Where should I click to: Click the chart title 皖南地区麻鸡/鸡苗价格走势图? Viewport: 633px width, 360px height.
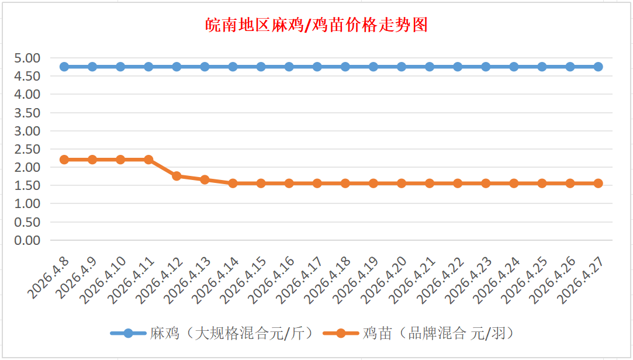pos(316,25)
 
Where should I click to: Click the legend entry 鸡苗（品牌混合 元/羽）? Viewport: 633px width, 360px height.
pos(438,333)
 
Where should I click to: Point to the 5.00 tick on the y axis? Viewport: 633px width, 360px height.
pos(27,58)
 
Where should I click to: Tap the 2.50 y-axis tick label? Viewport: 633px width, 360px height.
pos(27,149)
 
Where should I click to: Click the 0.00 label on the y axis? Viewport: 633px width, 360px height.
pos(27,240)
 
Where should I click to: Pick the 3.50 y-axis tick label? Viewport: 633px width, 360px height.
pos(27,112)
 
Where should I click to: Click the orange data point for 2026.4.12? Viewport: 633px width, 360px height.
pos(177,176)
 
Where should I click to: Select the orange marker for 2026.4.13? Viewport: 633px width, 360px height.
pos(205,179)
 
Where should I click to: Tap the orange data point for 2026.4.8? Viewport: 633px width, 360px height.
pos(64,160)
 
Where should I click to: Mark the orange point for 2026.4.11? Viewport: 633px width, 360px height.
pos(148,160)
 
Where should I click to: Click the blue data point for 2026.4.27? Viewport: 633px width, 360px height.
pos(598,67)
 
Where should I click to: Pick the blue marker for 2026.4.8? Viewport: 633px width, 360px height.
pos(64,67)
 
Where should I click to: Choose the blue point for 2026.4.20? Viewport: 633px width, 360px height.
pos(402,67)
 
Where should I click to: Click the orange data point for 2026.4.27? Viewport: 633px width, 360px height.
pos(598,183)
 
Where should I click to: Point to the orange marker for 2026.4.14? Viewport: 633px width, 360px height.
pos(233,183)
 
